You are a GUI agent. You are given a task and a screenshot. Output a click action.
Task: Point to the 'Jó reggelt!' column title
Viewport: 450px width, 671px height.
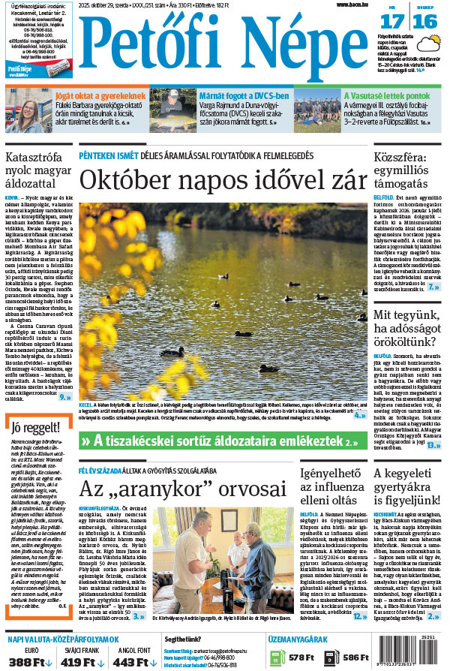coord(32,429)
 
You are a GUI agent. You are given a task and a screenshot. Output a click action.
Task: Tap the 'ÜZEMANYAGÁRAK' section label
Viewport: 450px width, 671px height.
coord(296,639)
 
